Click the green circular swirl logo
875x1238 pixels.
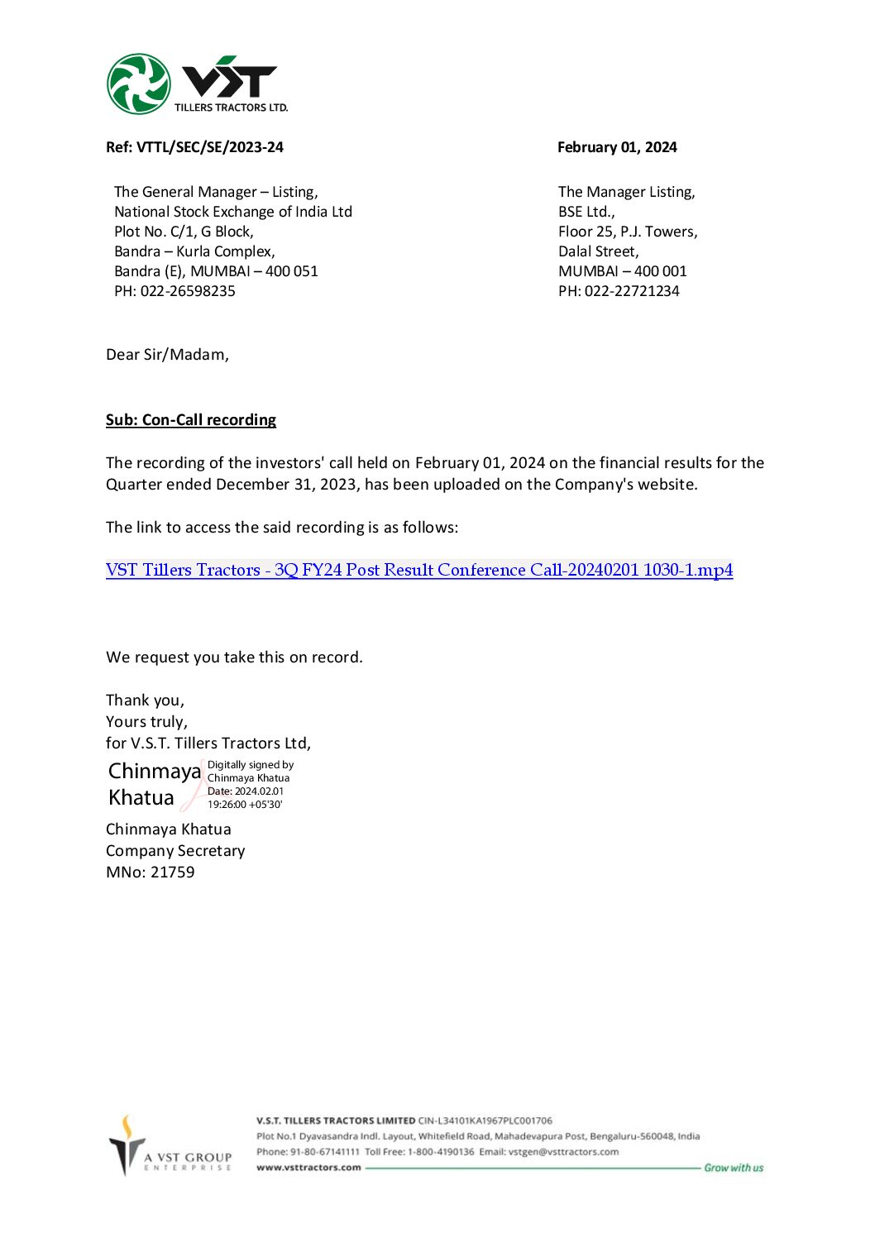(x=138, y=84)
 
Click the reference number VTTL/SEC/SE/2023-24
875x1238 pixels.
(x=210, y=147)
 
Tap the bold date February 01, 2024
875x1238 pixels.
(x=617, y=147)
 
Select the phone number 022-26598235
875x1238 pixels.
(x=188, y=291)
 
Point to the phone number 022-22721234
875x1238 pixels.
(x=632, y=291)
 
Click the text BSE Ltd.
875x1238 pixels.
(x=586, y=212)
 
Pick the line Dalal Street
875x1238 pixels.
(x=598, y=251)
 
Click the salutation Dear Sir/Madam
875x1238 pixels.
(x=167, y=355)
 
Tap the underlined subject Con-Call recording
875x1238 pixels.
(x=208, y=420)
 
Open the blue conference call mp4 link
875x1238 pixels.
(x=419, y=570)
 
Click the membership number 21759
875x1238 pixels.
(x=173, y=872)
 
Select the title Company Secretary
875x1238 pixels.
(x=175, y=851)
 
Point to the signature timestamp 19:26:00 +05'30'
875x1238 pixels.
(x=245, y=805)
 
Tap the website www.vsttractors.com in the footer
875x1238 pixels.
(x=308, y=1168)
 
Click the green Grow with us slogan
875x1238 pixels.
(x=734, y=1168)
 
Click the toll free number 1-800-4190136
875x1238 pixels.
(x=441, y=1152)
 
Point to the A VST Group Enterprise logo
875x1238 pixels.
(x=170, y=1147)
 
